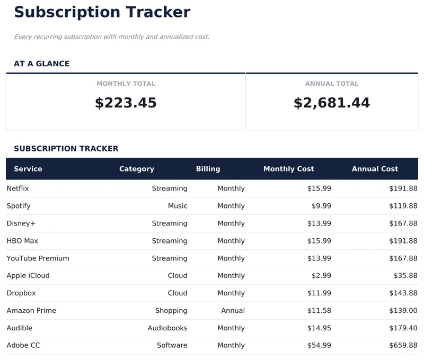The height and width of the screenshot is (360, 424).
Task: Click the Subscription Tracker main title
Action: coord(102,12)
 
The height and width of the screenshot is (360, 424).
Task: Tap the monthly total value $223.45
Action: coord(126,103)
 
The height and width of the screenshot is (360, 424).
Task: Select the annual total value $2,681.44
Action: coord(332,103)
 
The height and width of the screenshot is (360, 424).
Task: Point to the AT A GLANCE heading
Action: coord(41,64)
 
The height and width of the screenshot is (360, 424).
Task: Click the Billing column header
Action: coord(208,169)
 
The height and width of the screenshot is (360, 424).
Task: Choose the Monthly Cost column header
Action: coord(288,169)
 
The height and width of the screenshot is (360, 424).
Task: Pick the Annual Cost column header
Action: coord(375,169)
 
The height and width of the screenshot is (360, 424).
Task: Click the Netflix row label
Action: coord(17,188)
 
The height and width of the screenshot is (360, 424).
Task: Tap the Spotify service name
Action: coord(19,206)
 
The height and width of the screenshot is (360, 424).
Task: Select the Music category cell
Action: coord(178,206)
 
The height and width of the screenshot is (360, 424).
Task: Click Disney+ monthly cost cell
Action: coord(319,223)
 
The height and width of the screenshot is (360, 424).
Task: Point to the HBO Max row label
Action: coord(22,241)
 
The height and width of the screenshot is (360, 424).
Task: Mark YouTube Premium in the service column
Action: coord(38,258)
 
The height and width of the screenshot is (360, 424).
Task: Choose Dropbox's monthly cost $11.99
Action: coord(319,293)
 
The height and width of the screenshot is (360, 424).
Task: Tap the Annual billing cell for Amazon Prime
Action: coord(233,311)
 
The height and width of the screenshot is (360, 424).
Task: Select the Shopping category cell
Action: coord(171,311)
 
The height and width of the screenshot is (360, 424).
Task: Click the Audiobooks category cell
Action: coord(167,328)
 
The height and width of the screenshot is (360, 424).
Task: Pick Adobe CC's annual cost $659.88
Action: coord(403,346)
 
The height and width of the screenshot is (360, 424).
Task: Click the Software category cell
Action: coord(172,346)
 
